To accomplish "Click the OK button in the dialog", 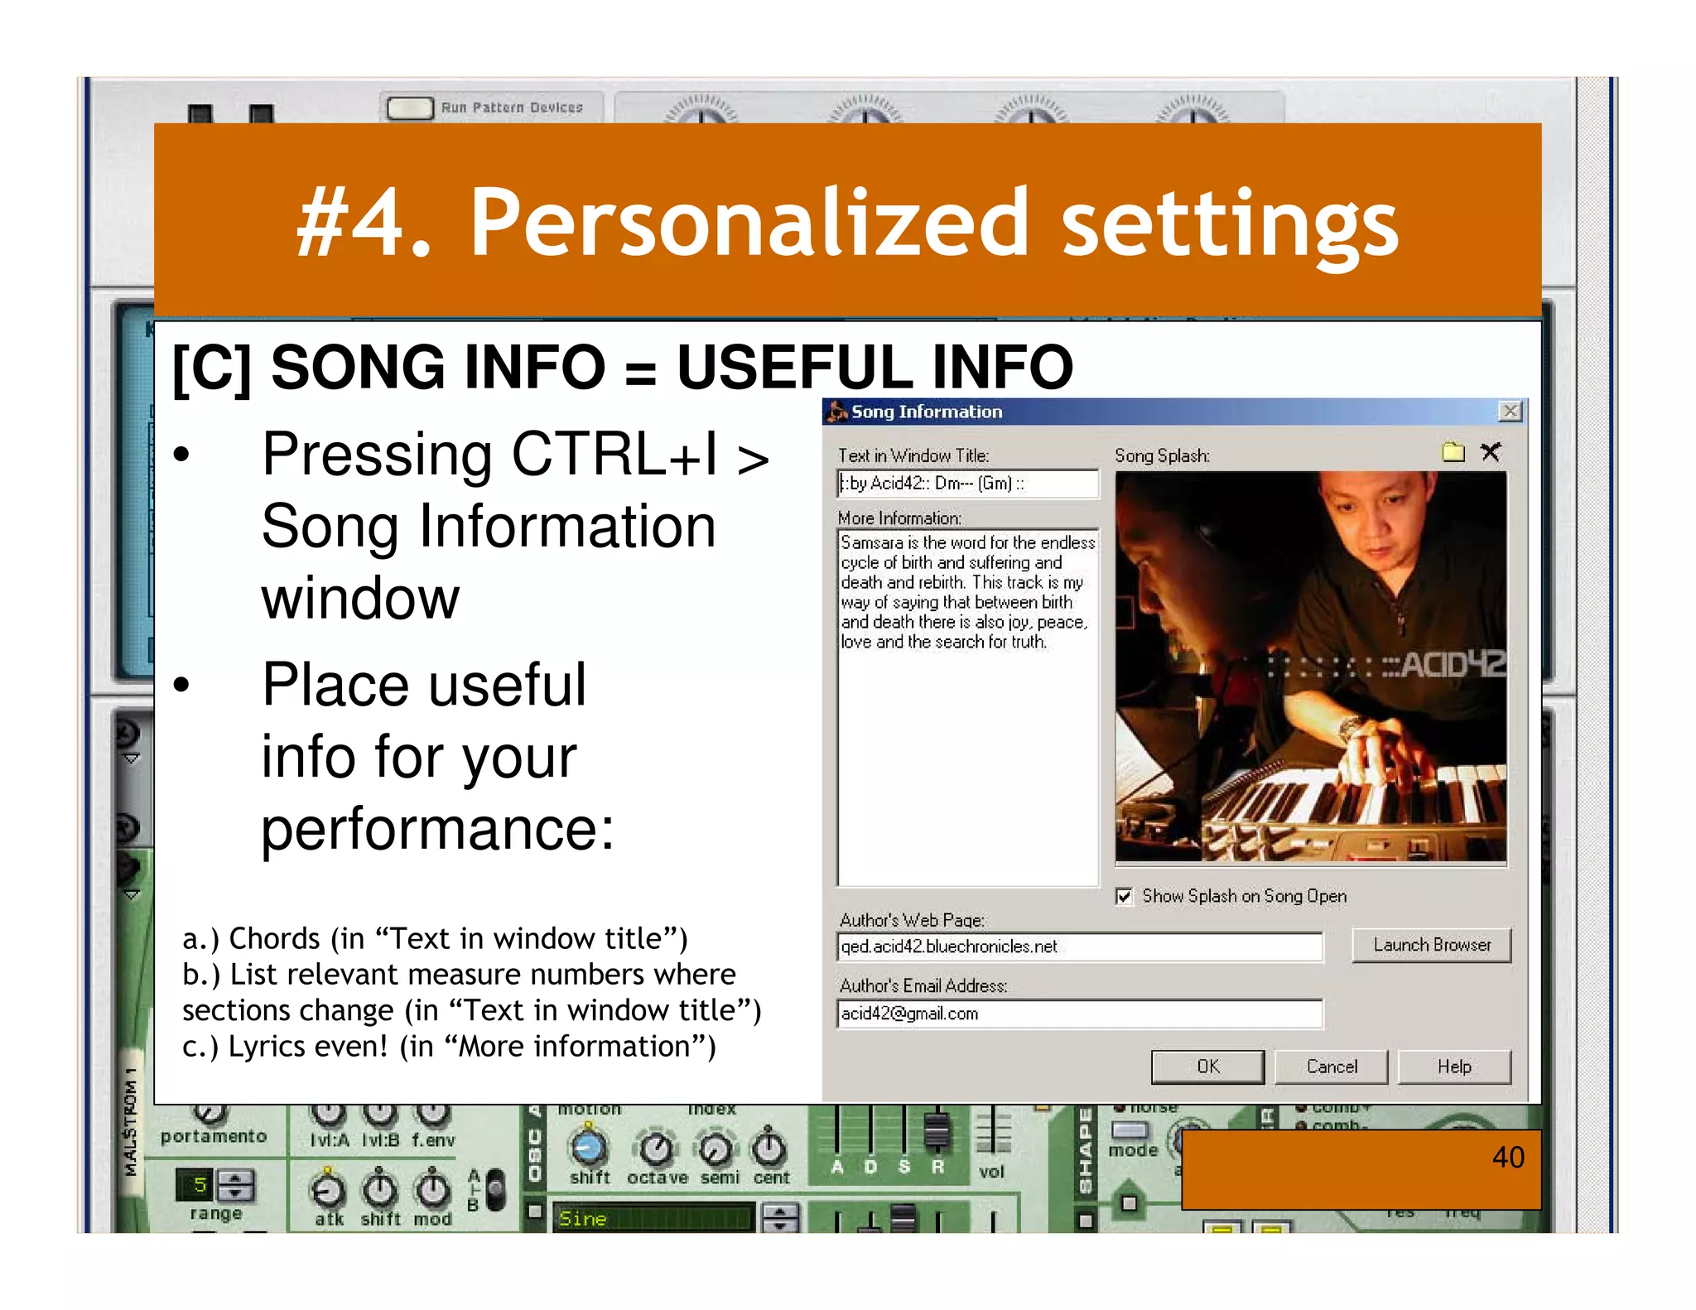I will click(1207, 1067).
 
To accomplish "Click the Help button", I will click(1453, 1067).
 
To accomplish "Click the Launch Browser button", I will click(1431, 945).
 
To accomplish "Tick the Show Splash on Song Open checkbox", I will click(1124, 897).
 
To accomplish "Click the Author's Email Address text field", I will click(1079, 1014).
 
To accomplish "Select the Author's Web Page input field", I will click(1079, 946).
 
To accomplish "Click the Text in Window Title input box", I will click(967, 484).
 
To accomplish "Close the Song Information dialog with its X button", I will click(1510, 412).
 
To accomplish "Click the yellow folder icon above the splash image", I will click(1453, 452).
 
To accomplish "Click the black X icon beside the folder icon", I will click(1491, 452).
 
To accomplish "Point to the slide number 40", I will click(1507, 1157).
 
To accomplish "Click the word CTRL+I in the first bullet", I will click(614, 455).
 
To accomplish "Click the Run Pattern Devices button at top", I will click(411, 108).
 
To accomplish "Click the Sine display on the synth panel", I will click(653, 1218).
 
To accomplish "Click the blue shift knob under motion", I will click(589, 1147).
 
